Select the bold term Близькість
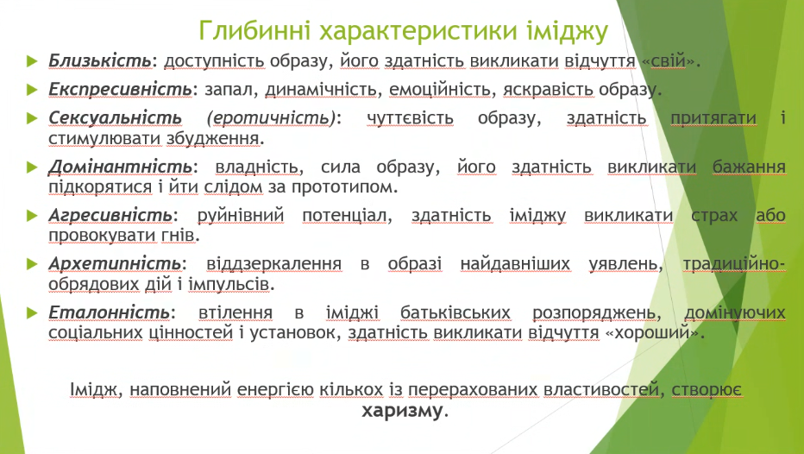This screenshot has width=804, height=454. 100,60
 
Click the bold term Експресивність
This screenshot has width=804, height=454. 121,89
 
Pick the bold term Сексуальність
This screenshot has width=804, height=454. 116,118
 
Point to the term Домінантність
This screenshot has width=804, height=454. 121,167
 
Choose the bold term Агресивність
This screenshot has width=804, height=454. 110,216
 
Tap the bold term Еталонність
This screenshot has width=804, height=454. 110,312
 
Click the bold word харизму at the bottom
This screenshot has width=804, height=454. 401,410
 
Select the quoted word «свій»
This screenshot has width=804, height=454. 669,60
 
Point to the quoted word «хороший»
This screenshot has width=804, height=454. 651,333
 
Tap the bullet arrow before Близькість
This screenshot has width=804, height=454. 32,61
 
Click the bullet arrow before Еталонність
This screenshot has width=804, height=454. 32,312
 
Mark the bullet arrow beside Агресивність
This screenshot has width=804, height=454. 32,216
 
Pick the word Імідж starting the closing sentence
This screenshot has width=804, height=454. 95,390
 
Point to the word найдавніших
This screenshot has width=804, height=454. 515,263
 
